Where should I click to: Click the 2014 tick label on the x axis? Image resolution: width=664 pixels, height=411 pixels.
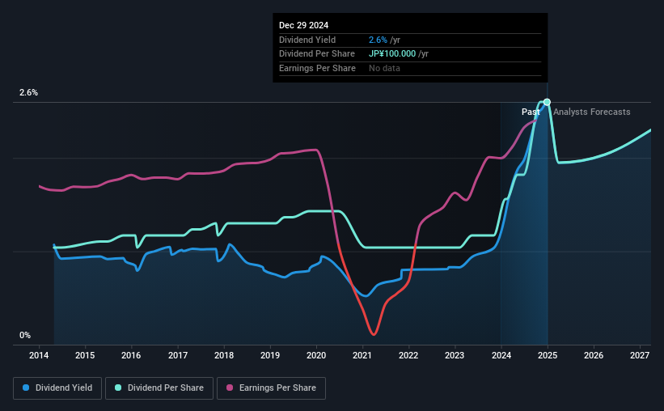click(39, 355)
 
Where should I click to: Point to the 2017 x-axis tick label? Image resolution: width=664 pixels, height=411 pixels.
click(178, 355)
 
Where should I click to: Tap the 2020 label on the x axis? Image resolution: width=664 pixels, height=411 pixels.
click(316, 355)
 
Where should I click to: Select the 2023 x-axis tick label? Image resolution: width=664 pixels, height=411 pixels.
click(455, 355)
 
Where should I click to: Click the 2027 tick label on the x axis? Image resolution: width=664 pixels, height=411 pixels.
click(639, 355)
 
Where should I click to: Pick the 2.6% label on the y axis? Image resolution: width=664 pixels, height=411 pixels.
click(28, 93)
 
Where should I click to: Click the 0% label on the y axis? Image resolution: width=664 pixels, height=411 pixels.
click(25, 335)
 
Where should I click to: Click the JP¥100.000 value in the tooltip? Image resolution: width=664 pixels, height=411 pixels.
click(395, 54)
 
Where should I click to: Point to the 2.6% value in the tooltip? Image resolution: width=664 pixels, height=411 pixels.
click(377, 40)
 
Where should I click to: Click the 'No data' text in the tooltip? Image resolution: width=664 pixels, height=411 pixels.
click(384, 68)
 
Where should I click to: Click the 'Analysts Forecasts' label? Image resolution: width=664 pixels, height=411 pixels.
click(591, 112)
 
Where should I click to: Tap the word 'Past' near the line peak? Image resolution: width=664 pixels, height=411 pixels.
click(531, 112)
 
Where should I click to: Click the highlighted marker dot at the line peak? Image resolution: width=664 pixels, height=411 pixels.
click(548, 102)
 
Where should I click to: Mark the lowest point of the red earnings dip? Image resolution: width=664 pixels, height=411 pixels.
click(373, 333)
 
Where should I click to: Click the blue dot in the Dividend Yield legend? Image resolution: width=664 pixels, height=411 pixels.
click(26, 388)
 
